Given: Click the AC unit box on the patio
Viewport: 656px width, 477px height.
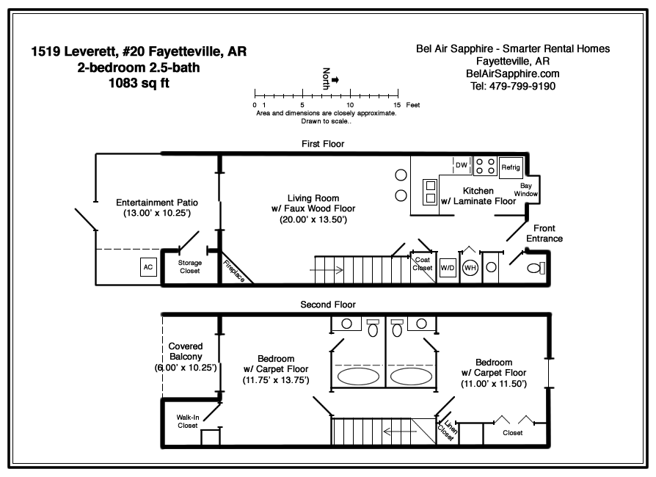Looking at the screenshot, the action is click(x=148, y=267).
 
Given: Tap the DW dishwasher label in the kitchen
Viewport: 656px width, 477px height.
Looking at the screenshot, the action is click(x=462, y=165).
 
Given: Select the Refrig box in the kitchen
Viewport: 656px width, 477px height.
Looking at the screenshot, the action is click(x=511, y=167).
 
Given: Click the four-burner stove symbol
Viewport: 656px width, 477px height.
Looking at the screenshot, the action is click(x=485, y=166).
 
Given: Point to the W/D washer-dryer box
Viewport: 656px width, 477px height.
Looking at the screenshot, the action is click(x=447, y=268).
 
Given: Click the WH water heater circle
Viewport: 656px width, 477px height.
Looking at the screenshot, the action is click(x=470, y=268).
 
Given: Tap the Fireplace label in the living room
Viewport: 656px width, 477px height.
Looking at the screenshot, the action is click(x=234, y=271).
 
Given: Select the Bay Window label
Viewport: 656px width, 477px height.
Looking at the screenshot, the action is click(x=526, y=189).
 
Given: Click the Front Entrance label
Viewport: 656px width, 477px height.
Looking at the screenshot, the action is click(x=544, y=233).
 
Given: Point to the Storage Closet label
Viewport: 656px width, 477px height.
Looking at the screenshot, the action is click(x=190, y=266).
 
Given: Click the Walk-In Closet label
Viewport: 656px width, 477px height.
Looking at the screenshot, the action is click(x=187, y=421).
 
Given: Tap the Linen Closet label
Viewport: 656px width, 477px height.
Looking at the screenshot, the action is click(x=447, y=430).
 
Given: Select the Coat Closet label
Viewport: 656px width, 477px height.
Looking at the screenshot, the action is click(x=423, y=264).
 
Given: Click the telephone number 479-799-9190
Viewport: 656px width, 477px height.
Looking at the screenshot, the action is click(x=522, y=86).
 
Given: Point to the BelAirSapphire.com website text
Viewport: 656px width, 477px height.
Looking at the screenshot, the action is click(x=512, y=73).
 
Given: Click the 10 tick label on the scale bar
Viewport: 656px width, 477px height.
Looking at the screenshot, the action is click(x=350, y=105).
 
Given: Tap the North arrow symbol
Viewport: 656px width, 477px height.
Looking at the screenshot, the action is click(x=335, y=79).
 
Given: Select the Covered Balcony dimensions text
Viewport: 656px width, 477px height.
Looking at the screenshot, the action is click(x=186, y=368).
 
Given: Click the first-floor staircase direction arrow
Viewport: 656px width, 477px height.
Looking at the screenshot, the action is click(x=327, y=270).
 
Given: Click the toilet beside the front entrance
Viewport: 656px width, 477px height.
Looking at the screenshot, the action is click(x=536, y=268).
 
